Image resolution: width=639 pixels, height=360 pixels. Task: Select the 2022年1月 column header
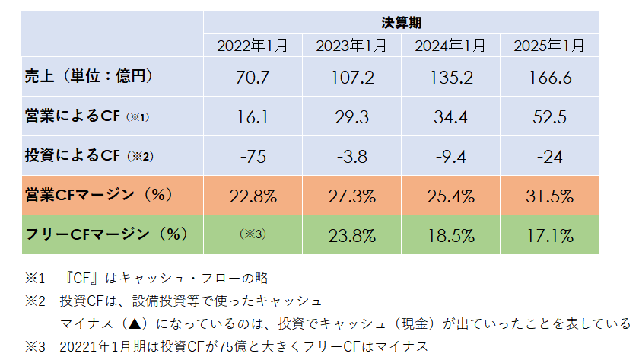pyautogui.click(x=253, y=46)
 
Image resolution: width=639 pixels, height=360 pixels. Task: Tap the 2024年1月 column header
pyautogui.click(x=450, y=46)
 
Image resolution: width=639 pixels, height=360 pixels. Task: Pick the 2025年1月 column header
pyautogui.click(x=549, y=46)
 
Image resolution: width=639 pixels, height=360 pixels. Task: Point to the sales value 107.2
pyautogui.click(x=351, y=78)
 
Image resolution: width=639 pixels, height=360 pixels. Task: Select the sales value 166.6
pyautogui.click(x=549, y=78)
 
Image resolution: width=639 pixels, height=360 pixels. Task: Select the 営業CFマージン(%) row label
pyautogui.click(x=95, y=195)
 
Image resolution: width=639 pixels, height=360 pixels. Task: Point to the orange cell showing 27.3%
pyautogui.click(x=351, y=196)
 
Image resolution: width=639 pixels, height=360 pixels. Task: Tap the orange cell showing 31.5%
pyautogui.click(x=549, y=196)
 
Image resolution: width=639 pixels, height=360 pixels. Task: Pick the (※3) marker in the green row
pyautogui.click(x=253, y=234)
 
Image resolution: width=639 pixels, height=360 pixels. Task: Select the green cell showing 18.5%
pyautogui.click(x=450, y=235)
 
